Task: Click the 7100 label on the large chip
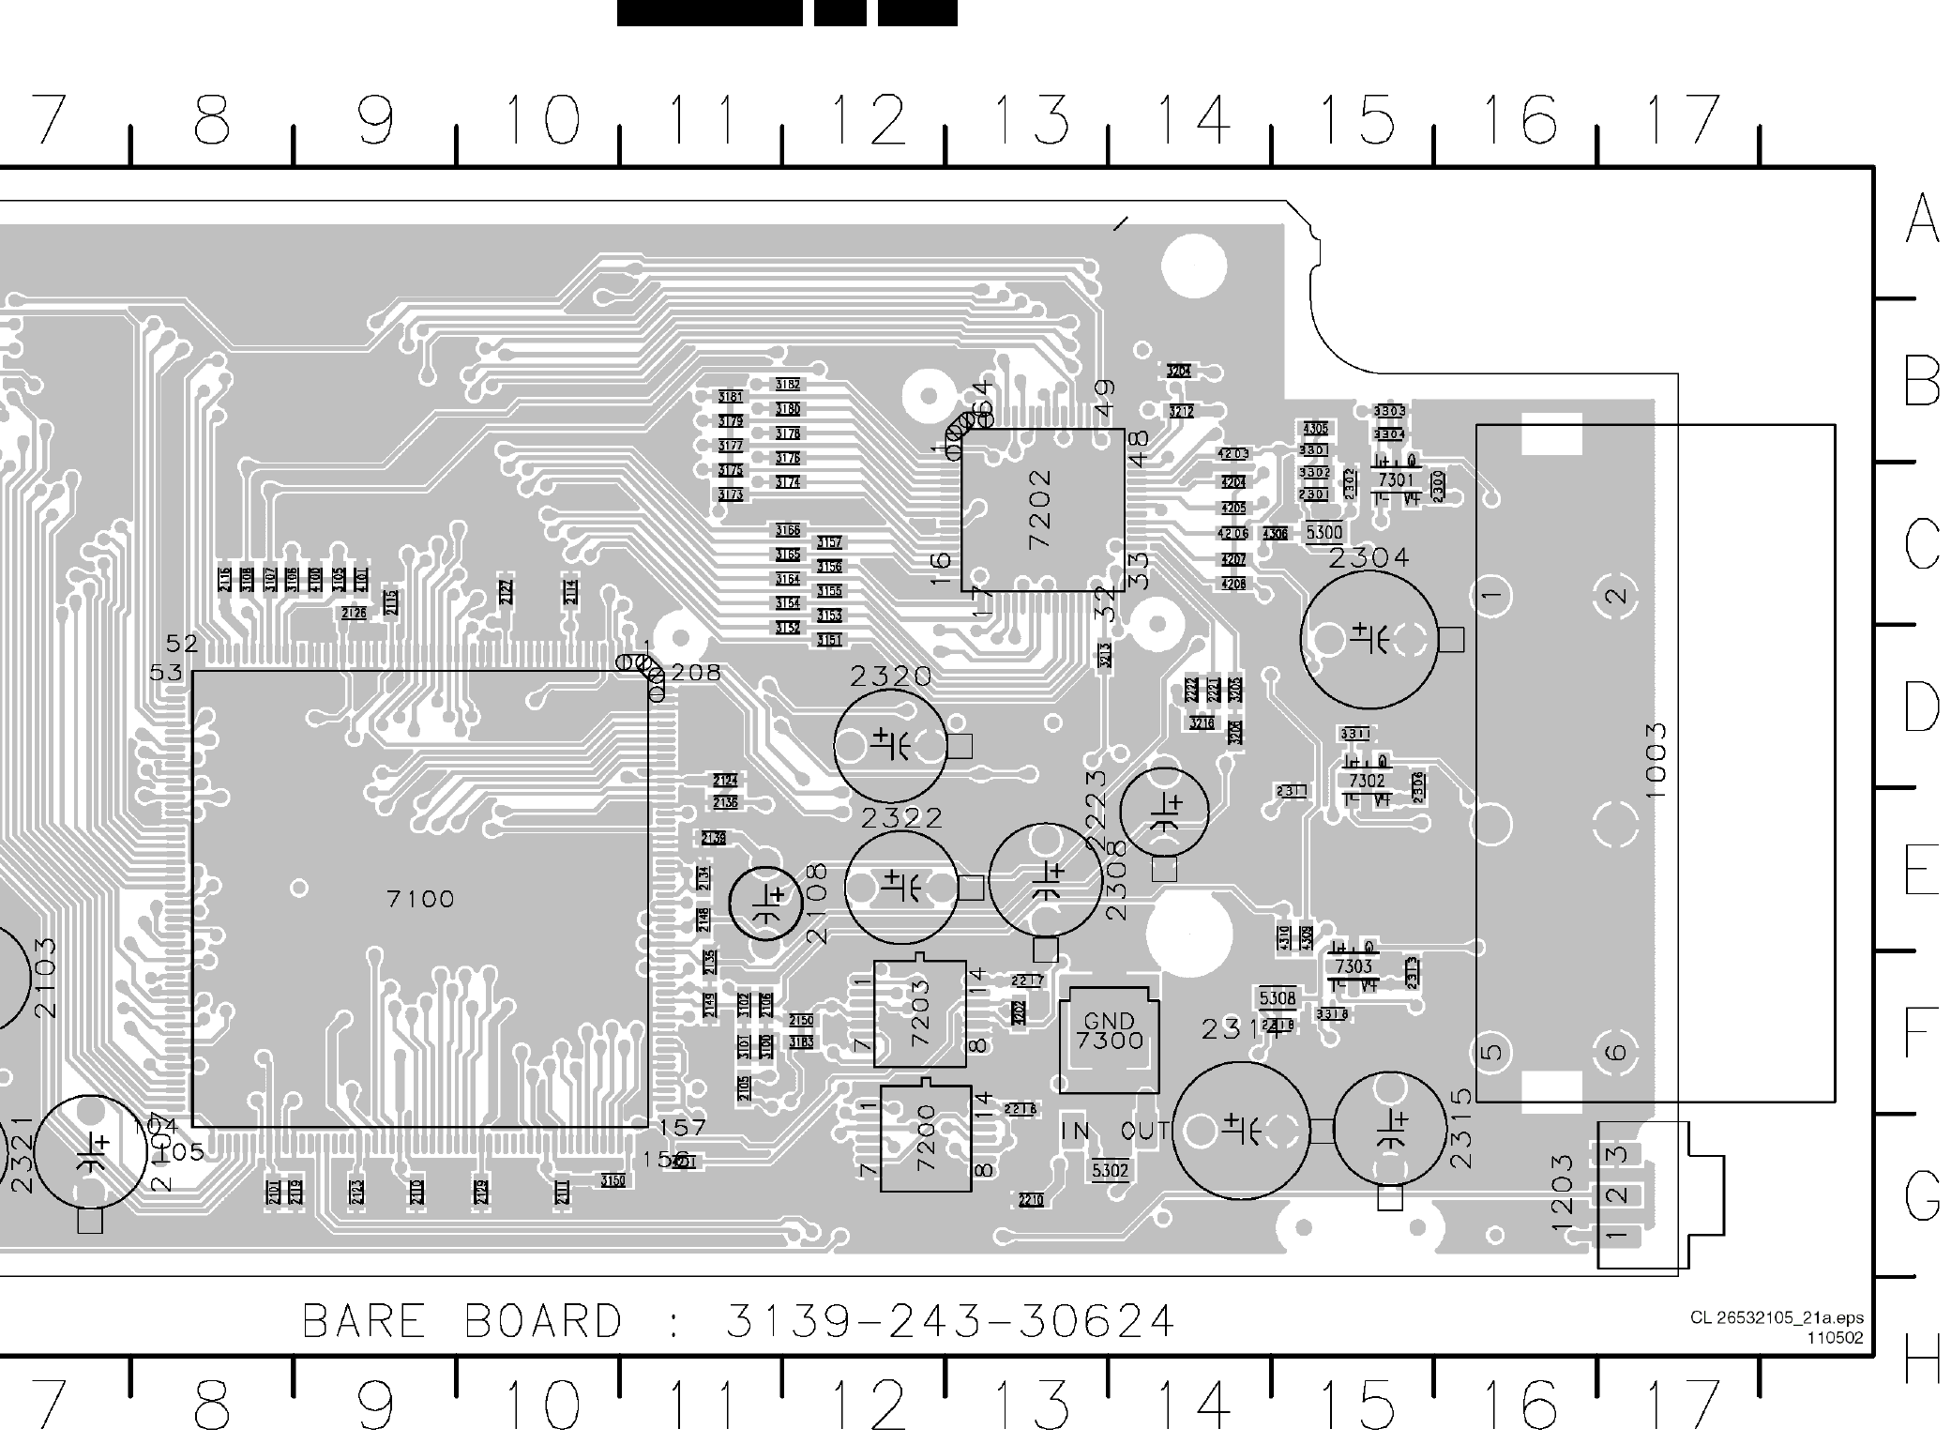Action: [420, 900]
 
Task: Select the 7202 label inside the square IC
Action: [1040, 509]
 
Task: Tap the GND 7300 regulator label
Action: [1110, 1031]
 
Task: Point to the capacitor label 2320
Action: [891, 676]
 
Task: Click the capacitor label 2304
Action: [1369, 558]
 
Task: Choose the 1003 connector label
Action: [1656, 760]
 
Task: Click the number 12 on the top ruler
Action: [869, 120]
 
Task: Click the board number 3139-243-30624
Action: [950, 1322]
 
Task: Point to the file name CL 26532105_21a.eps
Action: [1777, 1318]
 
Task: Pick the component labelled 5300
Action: [1323, 533]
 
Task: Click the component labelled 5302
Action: [1110, 1171]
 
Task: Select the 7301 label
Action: [1395, 480]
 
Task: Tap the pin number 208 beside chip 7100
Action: [696, 673]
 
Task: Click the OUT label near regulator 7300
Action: [1144, 1132]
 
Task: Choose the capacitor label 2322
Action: [902, 818]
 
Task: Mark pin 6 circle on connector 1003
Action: [1616, 1051]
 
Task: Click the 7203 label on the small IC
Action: [919, 1013]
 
